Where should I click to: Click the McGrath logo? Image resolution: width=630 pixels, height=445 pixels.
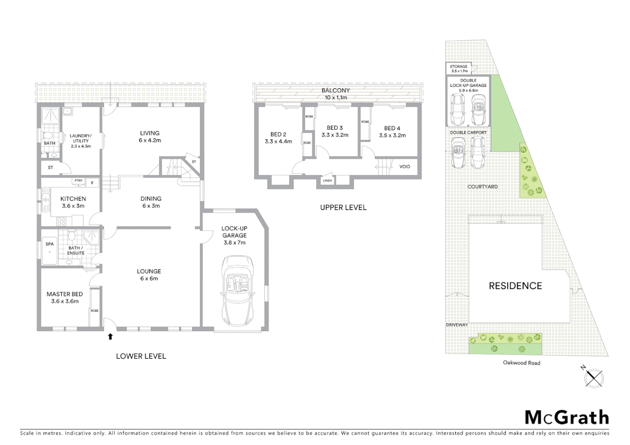(x=567, y=417)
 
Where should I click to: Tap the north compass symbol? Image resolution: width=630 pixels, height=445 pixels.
(x=594, y=377)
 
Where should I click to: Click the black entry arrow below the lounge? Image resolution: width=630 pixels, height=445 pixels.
(x=110, y=337)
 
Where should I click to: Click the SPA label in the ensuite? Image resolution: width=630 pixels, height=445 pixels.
(x=49, y=244)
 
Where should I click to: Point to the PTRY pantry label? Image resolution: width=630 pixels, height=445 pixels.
(x=78, y=180)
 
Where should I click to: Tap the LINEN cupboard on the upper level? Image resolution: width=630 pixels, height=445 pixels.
(x=327, y=180)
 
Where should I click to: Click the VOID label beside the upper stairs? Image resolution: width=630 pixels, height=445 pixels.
(x=404, y=166)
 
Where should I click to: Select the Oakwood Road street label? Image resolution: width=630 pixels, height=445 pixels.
(x=521, y=363)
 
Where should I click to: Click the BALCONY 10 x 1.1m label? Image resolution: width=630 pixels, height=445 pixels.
(x=336, y=94)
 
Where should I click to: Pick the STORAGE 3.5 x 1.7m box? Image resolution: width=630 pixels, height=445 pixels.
(x=458, y=68)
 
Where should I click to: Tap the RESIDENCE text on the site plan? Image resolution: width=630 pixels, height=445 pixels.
(x=515, y=286)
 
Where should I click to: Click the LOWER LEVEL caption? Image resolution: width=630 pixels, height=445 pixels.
(x=141, y=356)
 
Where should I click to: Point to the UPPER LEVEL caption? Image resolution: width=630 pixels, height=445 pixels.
(x=343, y=207)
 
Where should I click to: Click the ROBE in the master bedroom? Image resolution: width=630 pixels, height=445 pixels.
(x=95, y=310)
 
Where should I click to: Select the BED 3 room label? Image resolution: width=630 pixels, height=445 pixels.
(x=334, y=131)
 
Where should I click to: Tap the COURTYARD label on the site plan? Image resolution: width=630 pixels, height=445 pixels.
(x=482, y=187)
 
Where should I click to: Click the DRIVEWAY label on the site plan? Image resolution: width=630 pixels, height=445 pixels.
(x=457, y=325)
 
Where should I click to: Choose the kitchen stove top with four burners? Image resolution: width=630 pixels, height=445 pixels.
(x=61, y=221)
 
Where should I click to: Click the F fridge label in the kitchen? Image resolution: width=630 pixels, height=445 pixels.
(x=92, y=183)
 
